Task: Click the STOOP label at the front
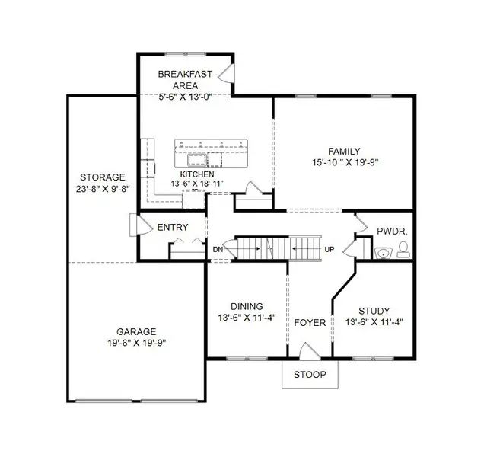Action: (x=310, y=375)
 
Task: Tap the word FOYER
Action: (x=310, y=323)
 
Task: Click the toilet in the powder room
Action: (x=403, y=248)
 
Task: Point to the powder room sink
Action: (x=383, y=251)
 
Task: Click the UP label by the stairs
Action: (x=329, y=250)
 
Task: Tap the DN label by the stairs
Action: (x=218, y=250)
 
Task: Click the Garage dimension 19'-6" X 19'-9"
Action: (x=136, y=343)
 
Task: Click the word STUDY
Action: (x=374, y=311)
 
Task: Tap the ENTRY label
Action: (x=173, y=228)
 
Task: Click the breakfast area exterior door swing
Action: (x=225, y=72)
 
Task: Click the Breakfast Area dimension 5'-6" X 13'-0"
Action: (x=184, y=97)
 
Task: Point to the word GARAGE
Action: (x=136, y=331)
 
